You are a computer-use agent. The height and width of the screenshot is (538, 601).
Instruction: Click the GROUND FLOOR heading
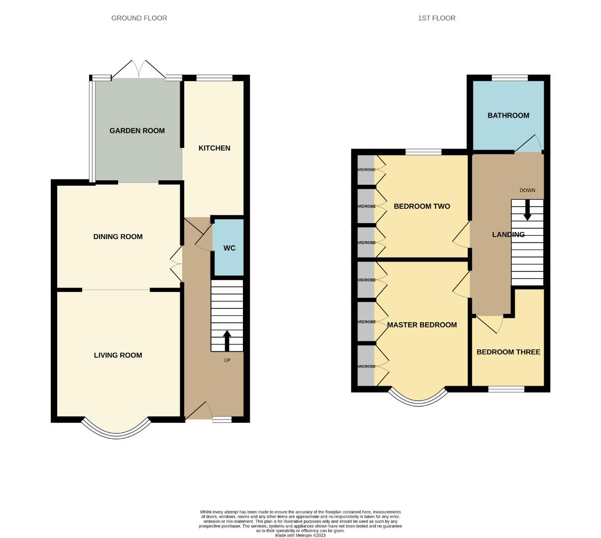(139, 18)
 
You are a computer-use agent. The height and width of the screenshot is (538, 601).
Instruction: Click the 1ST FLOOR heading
(437, 18)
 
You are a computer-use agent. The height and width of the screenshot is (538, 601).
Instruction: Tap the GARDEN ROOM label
(137, 131)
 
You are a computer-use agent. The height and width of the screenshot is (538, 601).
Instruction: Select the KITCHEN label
(214, 148)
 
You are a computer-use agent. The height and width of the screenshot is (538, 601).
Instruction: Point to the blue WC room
(229, 248)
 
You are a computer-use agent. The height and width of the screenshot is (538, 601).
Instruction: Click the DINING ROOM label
(118, 237)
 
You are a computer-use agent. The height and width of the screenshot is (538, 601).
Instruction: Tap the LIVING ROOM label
(118, 355)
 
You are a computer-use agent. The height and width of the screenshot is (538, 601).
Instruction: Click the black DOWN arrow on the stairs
(527, 210)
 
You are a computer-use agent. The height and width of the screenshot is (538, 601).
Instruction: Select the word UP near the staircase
(227, 360)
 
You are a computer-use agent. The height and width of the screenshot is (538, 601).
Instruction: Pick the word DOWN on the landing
(527, 190)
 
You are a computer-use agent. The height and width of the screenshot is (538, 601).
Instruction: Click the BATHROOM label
(508, 115)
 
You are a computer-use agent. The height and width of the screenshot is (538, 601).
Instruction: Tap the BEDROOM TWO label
(422, 206)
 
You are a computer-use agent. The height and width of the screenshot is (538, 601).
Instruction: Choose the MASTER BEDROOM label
(422, 325)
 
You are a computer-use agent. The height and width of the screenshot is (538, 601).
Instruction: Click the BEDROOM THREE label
(508, 352)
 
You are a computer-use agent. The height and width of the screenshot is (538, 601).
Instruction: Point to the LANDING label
(508, 235)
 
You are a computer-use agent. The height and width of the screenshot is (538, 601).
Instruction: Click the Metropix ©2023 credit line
(300, 536)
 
